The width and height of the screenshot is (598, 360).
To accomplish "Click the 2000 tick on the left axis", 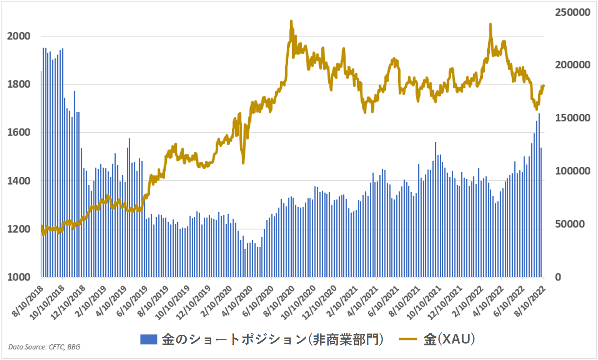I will (18, 36).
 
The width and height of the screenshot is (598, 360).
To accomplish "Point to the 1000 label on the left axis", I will (18, 277).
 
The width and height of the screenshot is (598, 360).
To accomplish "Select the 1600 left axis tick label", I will (18, 133).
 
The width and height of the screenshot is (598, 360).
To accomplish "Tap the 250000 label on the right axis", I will (573, 12).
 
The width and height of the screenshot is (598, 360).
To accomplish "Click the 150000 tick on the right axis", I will (573, 118).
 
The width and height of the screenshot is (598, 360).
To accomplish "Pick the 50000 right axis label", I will (570, 224).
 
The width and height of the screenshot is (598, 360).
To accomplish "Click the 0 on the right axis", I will (558, 277).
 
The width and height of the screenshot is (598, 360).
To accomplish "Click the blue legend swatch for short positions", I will (148, 340).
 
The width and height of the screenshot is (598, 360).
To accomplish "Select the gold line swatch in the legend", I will (408, 340).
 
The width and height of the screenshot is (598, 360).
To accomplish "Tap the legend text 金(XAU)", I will (449, 340).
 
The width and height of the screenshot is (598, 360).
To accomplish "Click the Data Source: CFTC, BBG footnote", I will (44, 347).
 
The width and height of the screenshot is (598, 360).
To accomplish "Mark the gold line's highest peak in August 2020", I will (291, 21).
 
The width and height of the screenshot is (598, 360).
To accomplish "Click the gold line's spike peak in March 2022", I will (490, 25).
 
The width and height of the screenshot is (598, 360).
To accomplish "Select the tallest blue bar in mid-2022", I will (539, 114).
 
